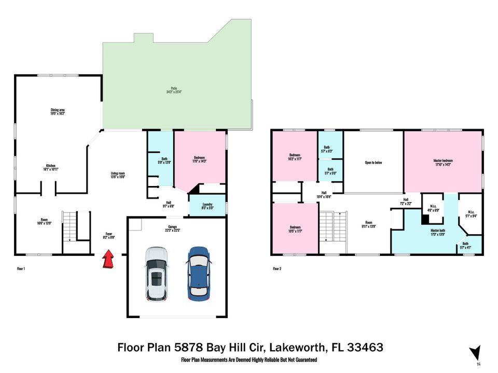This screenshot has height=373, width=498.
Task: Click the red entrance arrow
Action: coord(108,259)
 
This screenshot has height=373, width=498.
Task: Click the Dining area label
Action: coord(57,111)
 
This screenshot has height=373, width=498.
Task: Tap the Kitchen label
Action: coord(50,167)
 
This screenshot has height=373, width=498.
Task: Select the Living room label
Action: coord(118,175)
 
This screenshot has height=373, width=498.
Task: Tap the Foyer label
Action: coord(108,236)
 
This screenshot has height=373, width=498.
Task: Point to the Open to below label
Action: coord(374,163)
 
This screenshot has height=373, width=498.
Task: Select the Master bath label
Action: coord(438,232)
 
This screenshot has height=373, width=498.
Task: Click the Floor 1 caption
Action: coord(21,269)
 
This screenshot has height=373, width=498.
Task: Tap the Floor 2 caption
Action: coord(278,269)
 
